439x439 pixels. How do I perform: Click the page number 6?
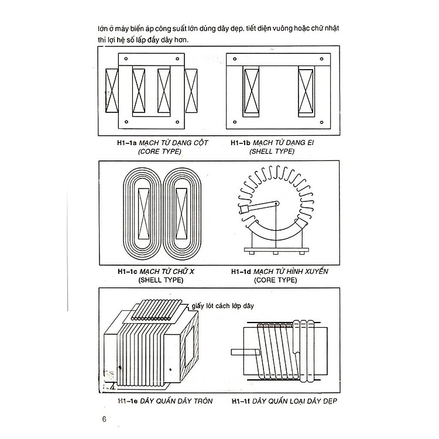point(104,419)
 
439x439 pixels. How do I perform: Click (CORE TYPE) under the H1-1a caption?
point(159,151)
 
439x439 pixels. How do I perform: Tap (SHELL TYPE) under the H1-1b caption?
point(272,151)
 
